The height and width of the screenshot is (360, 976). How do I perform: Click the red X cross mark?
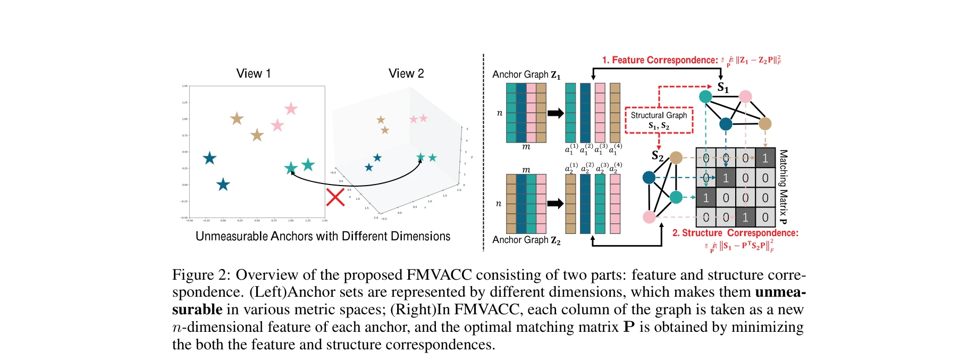[335, 197]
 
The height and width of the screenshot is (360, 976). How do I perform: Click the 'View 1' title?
[253, 73]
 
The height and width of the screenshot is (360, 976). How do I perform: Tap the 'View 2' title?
[406, 73]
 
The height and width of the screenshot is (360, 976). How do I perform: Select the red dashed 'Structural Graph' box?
[659, 120]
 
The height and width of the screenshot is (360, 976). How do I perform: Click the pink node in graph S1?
[745, 96]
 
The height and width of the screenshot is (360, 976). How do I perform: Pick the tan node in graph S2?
[676, 157]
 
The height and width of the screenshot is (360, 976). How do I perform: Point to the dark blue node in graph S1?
[726, 124]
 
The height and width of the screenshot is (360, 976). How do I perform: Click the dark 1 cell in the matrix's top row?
[765, 158]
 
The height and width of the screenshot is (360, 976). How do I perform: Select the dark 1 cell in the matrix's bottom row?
[745, 217]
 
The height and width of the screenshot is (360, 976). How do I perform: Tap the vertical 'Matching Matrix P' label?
[783, 186]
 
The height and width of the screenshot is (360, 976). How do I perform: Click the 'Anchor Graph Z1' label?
[526, 74]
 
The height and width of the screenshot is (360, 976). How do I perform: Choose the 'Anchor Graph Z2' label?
[526, 240]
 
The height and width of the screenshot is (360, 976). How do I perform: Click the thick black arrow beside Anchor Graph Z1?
[556, 113]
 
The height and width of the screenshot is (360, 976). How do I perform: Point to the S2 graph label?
[658, 156]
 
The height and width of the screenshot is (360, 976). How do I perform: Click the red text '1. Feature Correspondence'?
[659, 60]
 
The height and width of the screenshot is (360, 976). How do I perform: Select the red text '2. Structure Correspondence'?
[735, 233]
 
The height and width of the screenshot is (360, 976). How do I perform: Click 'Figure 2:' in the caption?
[201, 275]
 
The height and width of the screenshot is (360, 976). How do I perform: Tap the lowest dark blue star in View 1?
[223, 185]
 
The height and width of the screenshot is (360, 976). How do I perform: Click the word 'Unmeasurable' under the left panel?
[231, 236]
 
